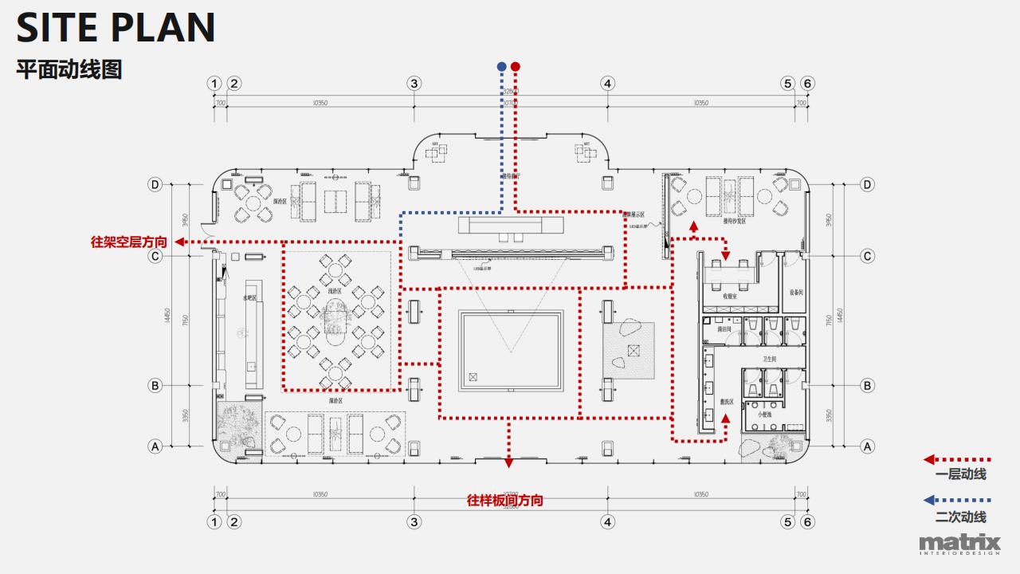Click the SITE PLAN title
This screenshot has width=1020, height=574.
tap(116, 27)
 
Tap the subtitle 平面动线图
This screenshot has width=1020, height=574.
tap(69, 69)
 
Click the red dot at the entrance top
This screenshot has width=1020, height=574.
tap(516, 66)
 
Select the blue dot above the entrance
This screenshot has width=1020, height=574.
tap(501, 66)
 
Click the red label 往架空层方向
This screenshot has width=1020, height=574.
tap(129, 242)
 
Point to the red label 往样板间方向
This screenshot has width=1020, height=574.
tap(505, 501)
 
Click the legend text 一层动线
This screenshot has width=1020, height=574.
tap(961, 474)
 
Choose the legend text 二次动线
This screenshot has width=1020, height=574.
tap(961, 517)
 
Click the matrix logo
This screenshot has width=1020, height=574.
tap(959, 545)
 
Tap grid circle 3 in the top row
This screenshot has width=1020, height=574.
tap(414, 84)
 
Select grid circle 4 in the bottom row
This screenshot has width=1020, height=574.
tap(608, 522)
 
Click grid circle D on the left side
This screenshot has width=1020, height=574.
tap(155, 185)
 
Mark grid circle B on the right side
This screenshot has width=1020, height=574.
tap(868, 386)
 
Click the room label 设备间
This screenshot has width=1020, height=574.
tap(794, 293)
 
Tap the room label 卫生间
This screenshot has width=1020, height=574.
tap(769, 360)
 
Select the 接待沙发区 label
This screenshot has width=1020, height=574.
tap(734, 222)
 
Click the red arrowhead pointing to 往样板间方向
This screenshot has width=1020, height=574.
tap(508, 462)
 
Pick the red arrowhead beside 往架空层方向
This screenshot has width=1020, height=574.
tap(180, 242)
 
